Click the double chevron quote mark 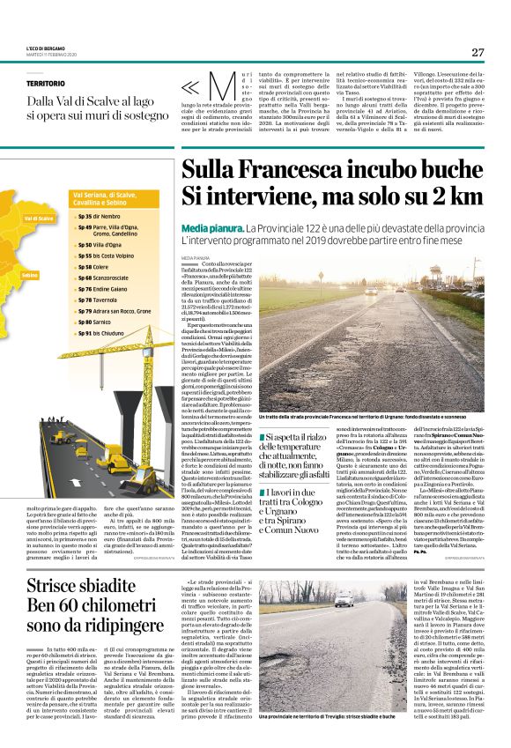pos(189,86)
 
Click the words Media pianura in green pos(210,228)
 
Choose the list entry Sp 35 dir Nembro pos(99,216)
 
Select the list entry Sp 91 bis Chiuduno pos(100,334)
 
